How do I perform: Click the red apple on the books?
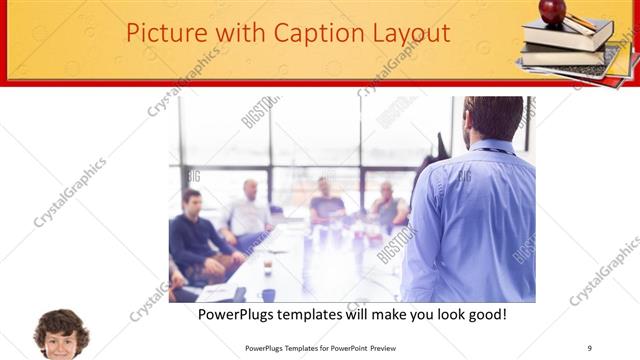coord(552,11)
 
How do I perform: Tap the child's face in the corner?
coord(61,336)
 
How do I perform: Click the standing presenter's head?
coord(493,117)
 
